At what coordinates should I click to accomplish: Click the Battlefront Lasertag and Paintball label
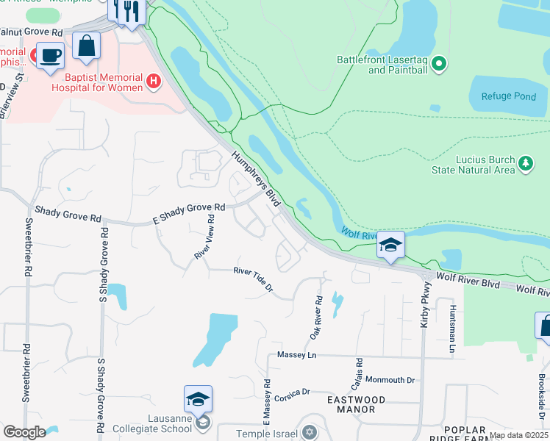coord(382,65)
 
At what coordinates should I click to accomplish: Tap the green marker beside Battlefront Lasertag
coord(439,65)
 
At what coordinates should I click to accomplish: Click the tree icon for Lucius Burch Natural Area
coord(526,163)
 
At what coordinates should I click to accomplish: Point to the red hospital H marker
coord(154,81)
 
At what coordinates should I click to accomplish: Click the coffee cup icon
coord(50,55)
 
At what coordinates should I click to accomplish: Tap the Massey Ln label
coord(296,355)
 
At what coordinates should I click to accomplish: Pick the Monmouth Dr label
coord(390,380)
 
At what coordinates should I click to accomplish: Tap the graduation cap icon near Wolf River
coord(391,245)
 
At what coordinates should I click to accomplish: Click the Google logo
coord(24,432)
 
